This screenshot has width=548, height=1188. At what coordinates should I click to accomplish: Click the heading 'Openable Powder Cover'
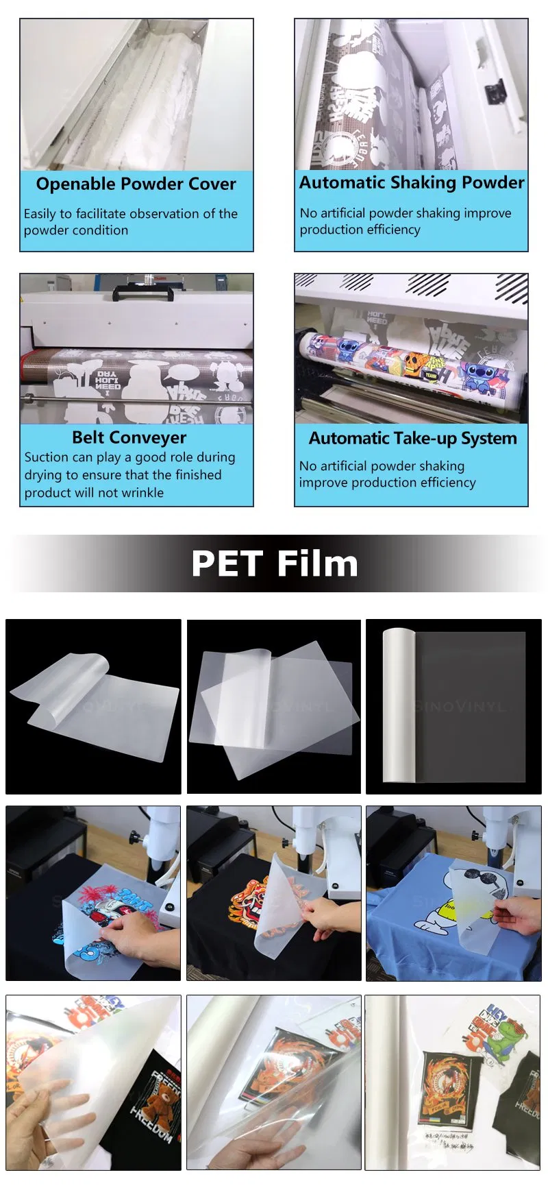136,184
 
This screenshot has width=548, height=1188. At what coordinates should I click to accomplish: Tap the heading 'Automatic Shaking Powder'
411,183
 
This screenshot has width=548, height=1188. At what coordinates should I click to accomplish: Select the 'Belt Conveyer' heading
129,437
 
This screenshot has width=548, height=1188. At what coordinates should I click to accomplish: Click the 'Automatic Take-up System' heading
412,438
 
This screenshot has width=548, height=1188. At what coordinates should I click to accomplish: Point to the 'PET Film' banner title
274,564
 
